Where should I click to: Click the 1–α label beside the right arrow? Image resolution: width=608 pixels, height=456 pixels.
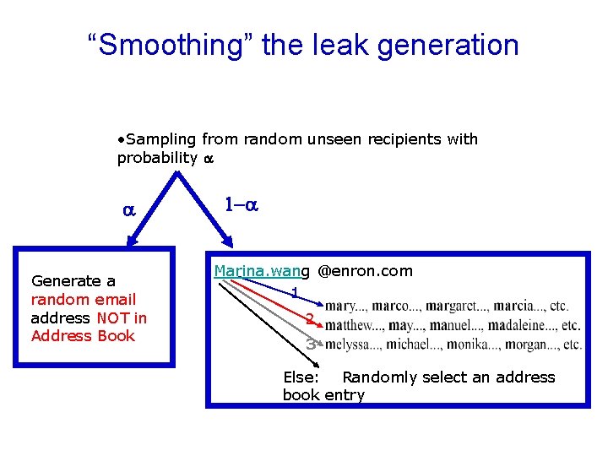pyautogui.click(x=240, y=204)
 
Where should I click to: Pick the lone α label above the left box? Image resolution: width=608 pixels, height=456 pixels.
pyautogui.click(x=129, y=211)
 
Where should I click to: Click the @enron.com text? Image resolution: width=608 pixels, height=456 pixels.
pyautogui.click(x=365, y=271)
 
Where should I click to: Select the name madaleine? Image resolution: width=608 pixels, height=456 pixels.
pyautogui.click(x=535, y=325)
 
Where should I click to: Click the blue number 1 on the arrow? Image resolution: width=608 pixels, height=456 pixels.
pyautogui.click(x=294, y=293)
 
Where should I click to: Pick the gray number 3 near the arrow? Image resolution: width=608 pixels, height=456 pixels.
pyautogui.click(x=311, y=344)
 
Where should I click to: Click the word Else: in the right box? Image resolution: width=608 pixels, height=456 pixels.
pyautogui.click(x=301, y=377)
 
